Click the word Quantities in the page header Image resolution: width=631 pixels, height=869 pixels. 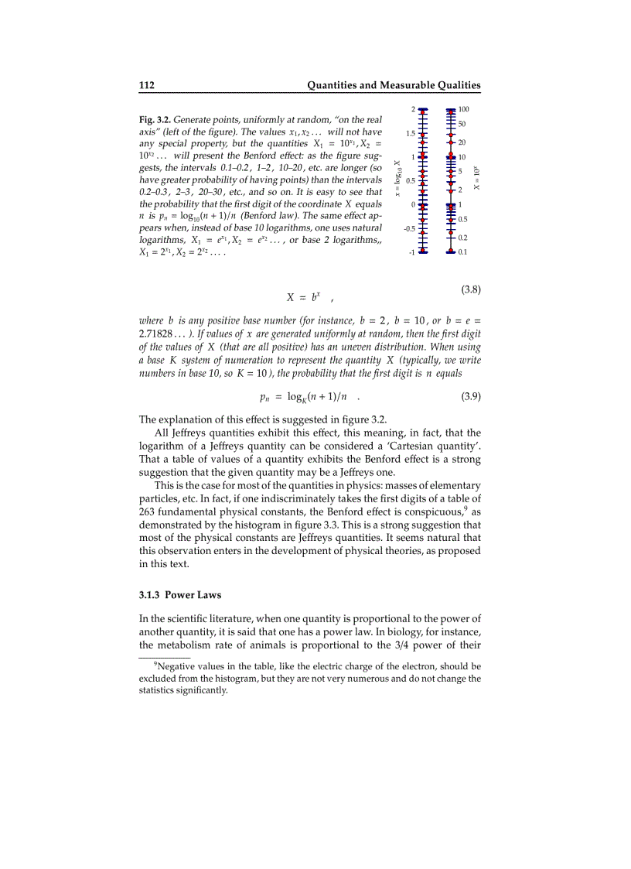point(338,85)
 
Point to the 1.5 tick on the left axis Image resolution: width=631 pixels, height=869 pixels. point(411,134)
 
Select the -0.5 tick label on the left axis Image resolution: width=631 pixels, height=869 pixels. point(410,229)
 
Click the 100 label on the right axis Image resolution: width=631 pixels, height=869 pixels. point(465,110)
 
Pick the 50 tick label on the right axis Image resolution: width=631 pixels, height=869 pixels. point(462,124)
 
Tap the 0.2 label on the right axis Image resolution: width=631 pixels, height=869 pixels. point(462,238)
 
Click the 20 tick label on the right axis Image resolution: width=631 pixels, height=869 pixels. point(462,143)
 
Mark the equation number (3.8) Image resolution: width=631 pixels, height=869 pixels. point(471,290)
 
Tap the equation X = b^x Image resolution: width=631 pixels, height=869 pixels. point(304,296)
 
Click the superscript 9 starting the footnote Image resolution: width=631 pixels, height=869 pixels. point(155,664)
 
